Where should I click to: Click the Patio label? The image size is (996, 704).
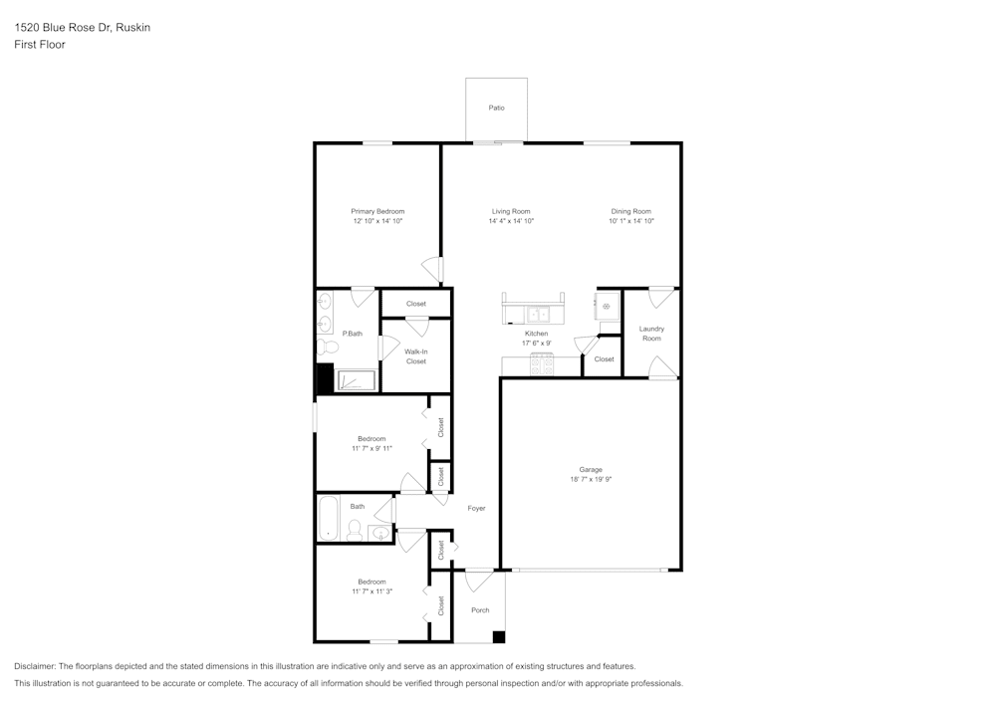pyautogui.click(x=496, y=108)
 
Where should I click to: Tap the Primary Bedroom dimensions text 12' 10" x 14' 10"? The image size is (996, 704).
pyautogui.click(x=377, y=221)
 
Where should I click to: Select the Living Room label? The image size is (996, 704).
pyautogui.click(x=511, y=211)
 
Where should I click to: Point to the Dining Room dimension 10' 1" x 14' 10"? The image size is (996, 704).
pyautogui.click(x=631, y=221)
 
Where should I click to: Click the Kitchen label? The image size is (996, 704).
pyautogui.click(x=536, y=333)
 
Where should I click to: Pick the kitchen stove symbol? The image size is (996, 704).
pyautogui.click(x=543, y=364)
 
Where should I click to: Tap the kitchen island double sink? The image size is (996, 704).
pyautogui.click(x=533, y=311)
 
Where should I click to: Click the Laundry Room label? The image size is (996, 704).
pyautogui.click(x=651, y=334)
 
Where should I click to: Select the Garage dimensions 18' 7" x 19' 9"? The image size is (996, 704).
pyautogui.click(x=591, y=479)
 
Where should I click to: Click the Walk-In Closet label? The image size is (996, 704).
pyautogui.click(x=416, y=355)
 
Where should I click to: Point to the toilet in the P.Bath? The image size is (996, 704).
pyautogui.click(x=327, y=348)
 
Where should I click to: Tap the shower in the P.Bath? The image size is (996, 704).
pyautogui.click(x=356, y=381)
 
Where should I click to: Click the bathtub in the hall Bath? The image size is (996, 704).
pyautogui.click(x=328, y=518)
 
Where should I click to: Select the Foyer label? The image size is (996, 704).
pyautogui.click(x=477, y=509)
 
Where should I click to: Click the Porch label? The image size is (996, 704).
pyautogui.click(x=480, y=610)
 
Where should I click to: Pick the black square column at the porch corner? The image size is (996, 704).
pyautogui.click(x=499, y=637)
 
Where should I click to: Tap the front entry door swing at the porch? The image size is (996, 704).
pyautogui.click(x=480, y=579)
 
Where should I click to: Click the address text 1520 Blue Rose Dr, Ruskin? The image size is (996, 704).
pyautogui.click(x=83, y=28)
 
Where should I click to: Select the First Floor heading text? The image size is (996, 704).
pyautogui.click(x=40, y=45)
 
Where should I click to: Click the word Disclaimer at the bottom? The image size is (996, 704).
pyautogui.click(x=35, y=666)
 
